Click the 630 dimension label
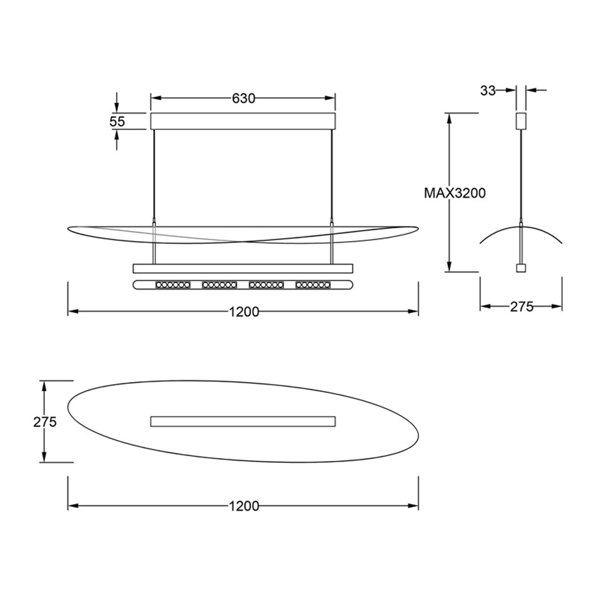(x=243, y=98)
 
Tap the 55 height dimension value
(x=117, y=121)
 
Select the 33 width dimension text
(x=488, y=91)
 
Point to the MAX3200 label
(x=455, y=193)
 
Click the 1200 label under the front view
(x=244, y=312)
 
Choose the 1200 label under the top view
(x=244, y=506)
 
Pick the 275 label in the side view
(x=521, y=306)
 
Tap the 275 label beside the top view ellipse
(x=45, y=422)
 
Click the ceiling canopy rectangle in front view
(x=243, y=121)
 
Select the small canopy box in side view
(x=521, y=121)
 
